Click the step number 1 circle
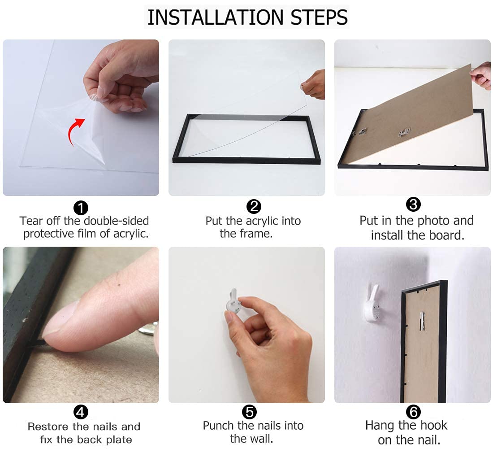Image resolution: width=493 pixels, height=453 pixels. (81, 208)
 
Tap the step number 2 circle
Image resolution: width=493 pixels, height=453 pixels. (254, 206)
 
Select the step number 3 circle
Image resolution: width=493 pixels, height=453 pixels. (413, 204)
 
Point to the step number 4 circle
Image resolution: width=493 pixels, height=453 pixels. (81, 412)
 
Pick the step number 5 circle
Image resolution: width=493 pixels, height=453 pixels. (249, 412)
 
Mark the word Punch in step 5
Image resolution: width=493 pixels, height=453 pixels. (219, 426)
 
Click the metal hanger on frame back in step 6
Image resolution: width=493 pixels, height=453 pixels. (422, 321)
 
